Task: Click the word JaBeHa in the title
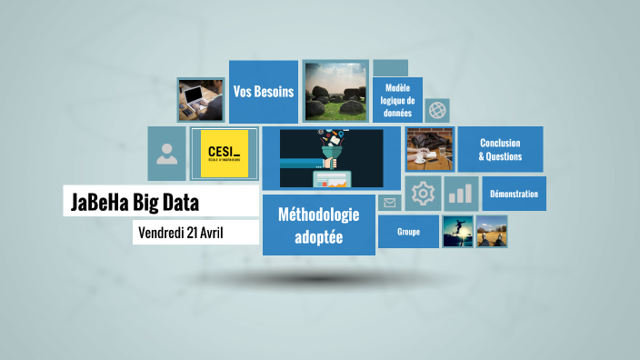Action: coord(98,202)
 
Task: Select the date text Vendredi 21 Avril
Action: coord(181,233)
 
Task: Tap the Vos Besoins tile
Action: coord(264,92)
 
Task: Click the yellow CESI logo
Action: coord(224,152)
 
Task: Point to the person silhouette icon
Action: coord(167,153)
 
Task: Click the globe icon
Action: coord(437,111)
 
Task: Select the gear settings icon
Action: coord(423,194)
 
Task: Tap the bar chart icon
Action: coord(462,194)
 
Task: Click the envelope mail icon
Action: coord(389,203)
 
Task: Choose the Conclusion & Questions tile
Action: coord(500,149)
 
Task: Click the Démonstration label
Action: coord(514,194)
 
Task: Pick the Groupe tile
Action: coord(408,231)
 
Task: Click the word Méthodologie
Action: coord(318,215)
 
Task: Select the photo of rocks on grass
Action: coord(335,92)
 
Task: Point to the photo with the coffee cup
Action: coord(429,149)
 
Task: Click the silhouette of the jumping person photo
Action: coord(456,231)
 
